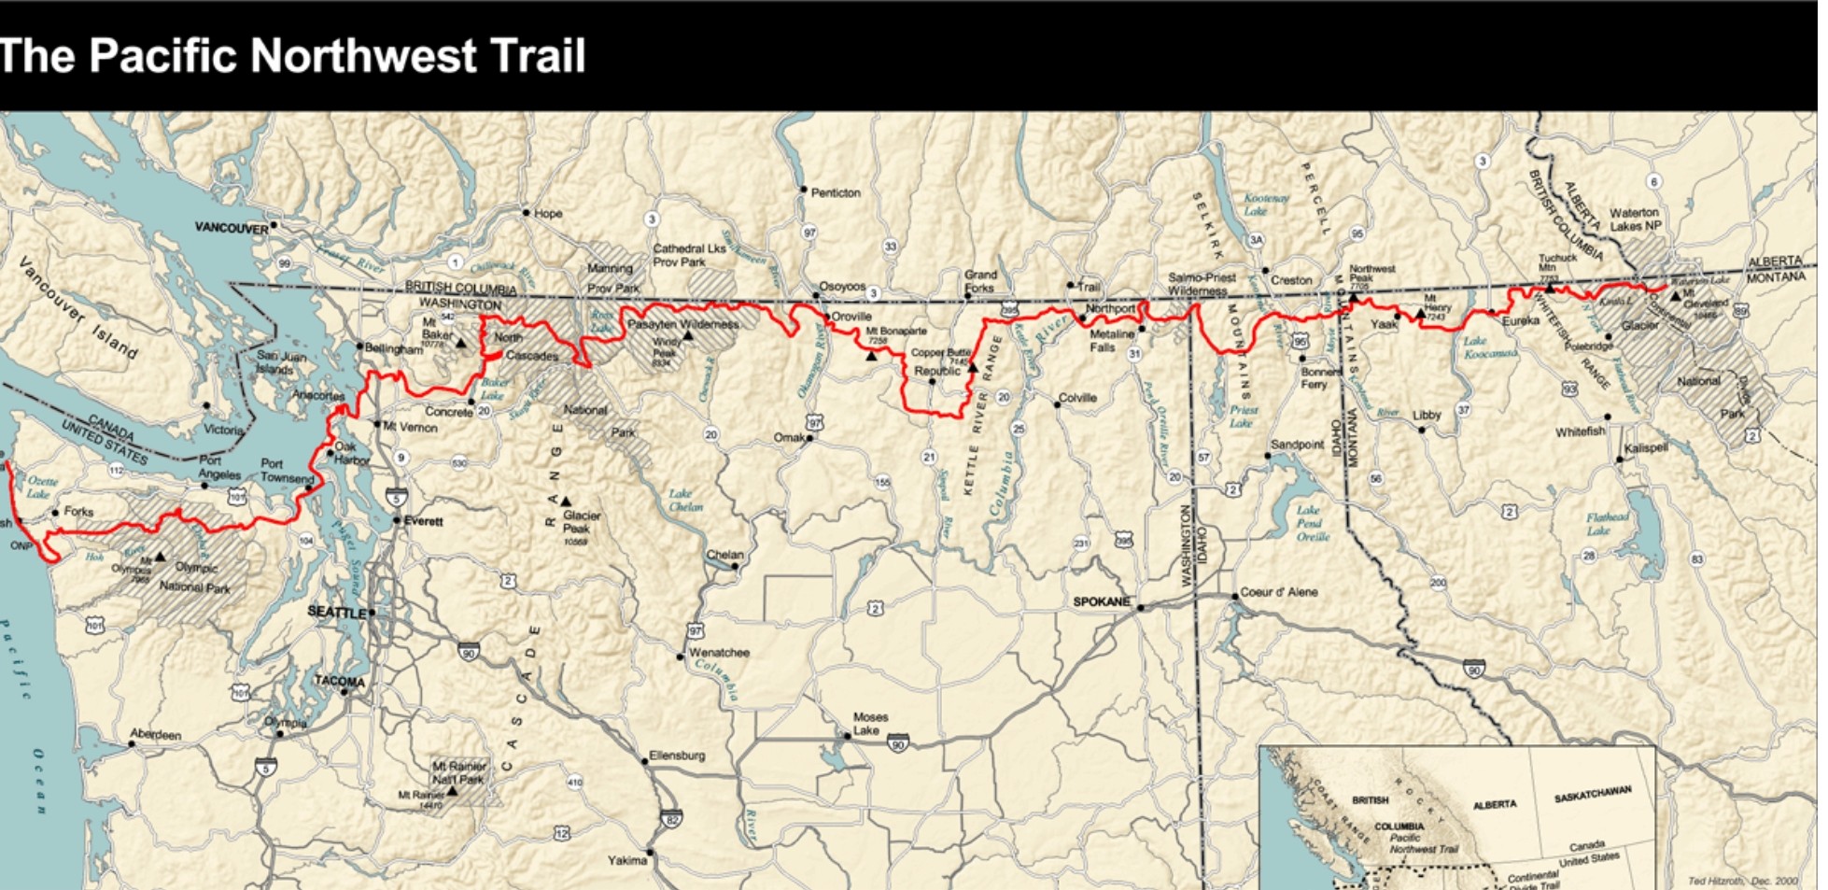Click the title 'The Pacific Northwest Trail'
click(292, 55)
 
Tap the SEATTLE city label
click(337, 612)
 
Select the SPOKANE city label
click(1101, 601)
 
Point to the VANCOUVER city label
click(232, 227)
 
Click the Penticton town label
click(836, 192)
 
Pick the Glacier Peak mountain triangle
click(565, 502)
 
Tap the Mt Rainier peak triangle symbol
click(453, 790)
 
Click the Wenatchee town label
click(719, 652)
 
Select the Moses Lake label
click(870, 723)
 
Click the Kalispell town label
click(1646, 447)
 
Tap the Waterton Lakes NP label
click(1634, 219)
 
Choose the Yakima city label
click(626, 860)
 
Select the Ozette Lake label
click(39, 487)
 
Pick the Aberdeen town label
click(156, 734)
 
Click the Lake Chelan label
click(685, 500)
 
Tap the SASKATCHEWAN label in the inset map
click(1593, 795)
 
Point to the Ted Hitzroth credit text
click(1742, 881)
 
